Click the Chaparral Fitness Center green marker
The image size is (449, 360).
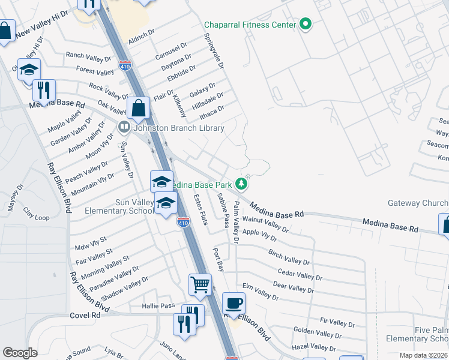306,25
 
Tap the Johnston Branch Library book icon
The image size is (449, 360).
124,127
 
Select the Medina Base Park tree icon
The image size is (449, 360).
241,184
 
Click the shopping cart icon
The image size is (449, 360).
200,283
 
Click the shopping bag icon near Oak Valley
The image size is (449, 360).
138,108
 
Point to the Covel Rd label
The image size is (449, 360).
85,315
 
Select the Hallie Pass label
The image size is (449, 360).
158,306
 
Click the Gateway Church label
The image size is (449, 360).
418,203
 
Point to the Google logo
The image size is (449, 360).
20,353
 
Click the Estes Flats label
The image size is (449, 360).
200,210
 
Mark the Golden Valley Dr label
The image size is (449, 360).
318,332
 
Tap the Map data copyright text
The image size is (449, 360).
424,355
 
